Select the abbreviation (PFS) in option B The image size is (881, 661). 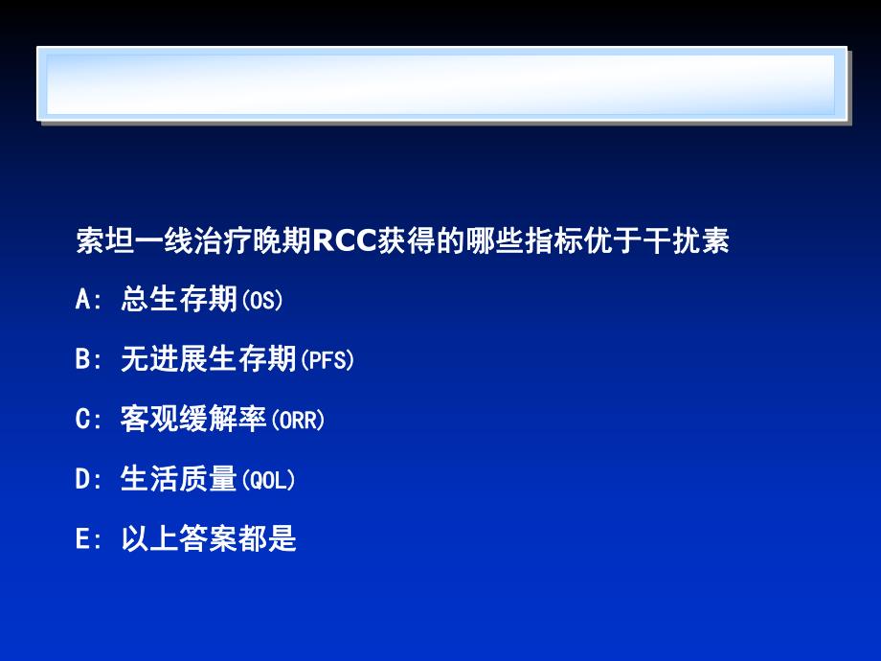coord(327,360)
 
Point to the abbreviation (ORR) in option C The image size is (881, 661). coord(298,420)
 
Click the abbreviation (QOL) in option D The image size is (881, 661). coord(267,479)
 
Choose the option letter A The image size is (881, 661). coord(82,301)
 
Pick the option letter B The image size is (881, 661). coord(82,360)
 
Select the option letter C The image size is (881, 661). coord(82,420)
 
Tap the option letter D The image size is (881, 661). coord(82,479)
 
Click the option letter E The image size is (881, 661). coord(82,539)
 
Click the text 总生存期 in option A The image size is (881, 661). coord(179,301)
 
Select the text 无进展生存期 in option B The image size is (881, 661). coord(209,360)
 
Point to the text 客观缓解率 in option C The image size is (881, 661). coord(193,420)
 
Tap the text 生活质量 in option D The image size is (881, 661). coord(179,479)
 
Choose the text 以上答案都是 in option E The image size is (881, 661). coord(209,539)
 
